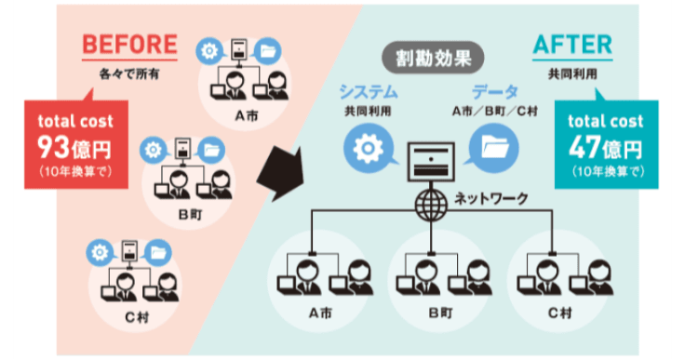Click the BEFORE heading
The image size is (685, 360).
coord(129,43)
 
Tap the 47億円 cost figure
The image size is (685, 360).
coord(605,147)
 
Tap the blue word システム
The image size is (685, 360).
coord(369,91)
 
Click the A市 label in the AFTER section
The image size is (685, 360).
coord(319,313)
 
